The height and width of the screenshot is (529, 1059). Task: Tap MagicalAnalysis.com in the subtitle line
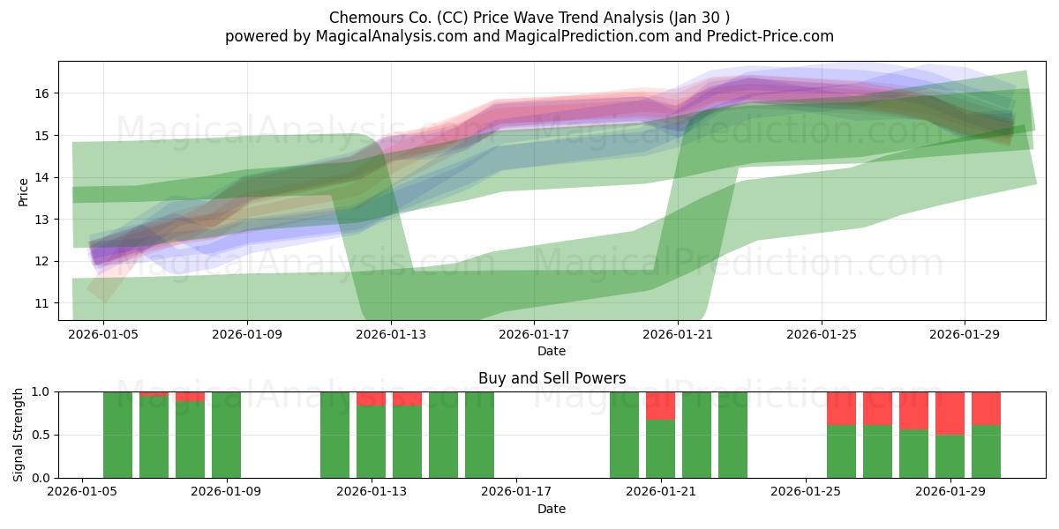pos(392,36)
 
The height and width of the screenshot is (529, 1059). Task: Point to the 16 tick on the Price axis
pos(41,93)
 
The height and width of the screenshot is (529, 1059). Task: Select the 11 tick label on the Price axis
pos(41,303)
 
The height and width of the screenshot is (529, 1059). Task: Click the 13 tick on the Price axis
pos(41,220)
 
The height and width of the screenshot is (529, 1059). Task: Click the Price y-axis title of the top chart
pos(23,192)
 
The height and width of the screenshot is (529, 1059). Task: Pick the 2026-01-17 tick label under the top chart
pos(534,334)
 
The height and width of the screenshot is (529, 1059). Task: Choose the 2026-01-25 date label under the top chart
pos(822,334)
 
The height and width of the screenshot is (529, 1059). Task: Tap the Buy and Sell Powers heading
pos(552,378)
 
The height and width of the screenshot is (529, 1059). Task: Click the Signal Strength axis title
pos(18,435)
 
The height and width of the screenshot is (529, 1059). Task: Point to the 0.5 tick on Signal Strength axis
pos(41,435)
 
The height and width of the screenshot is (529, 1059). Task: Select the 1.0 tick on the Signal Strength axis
pos(41,392)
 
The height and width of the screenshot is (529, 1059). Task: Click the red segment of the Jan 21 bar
pos(660,406)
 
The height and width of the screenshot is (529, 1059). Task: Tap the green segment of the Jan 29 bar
pos(950,457)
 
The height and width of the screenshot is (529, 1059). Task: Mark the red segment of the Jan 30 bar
pos(987,408)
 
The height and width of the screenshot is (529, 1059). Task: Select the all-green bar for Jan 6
pos(117,435)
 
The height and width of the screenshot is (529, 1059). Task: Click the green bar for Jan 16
pos(479,435)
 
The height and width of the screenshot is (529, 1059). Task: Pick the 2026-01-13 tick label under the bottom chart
pos(372,492)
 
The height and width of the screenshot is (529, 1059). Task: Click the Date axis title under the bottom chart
pos(552,509)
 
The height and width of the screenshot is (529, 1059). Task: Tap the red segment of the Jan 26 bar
pos(842,408)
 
